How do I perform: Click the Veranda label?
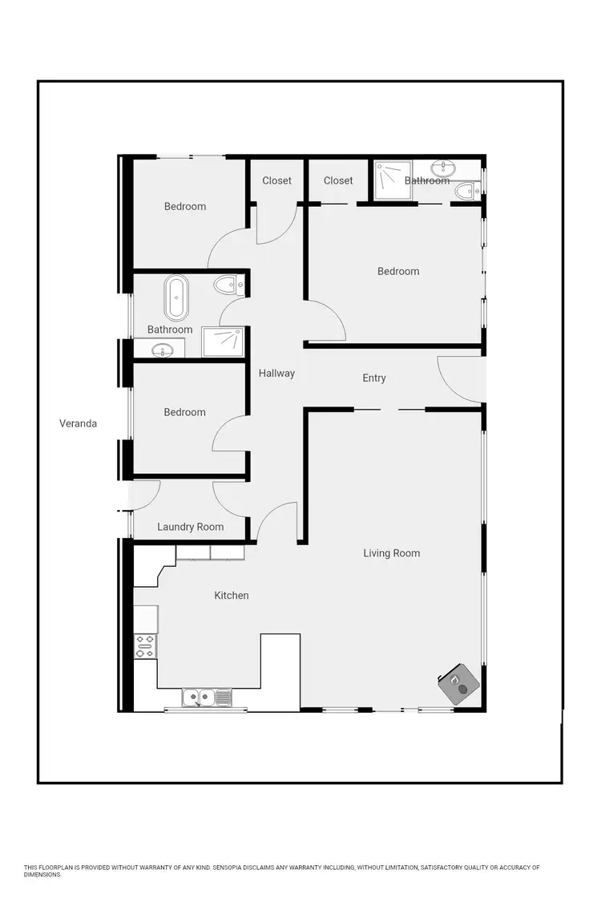point(78,423)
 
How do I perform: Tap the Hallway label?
point(276,373)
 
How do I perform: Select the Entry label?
point(374,378)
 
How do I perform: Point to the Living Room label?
point(391,553)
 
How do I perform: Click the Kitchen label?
point(231,596)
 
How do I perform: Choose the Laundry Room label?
point(190,527)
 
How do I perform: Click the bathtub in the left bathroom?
point(175,297)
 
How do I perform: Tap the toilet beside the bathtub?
point(228,284)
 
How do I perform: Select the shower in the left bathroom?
point(222,342)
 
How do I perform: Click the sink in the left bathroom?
point(163,350)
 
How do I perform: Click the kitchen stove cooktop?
point(146,646)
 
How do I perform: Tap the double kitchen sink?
point(206,698)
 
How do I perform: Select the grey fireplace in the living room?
point(459,684)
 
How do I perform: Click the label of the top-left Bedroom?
point(185,207)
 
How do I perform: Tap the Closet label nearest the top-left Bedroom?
point(277,180)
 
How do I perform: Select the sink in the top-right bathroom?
point(443,168)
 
